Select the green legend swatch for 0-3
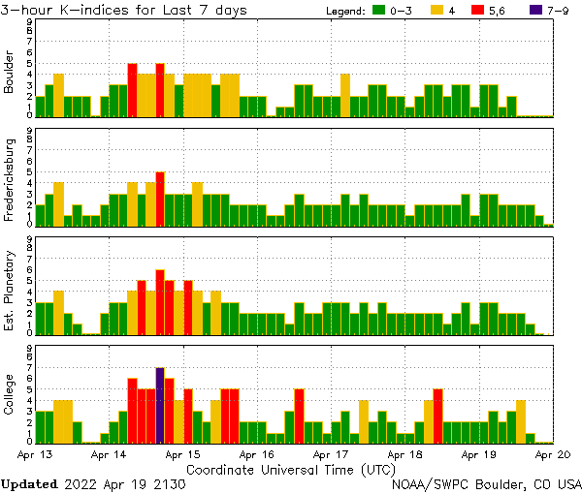tap(379, 11)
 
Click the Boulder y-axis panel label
tap(10, 73)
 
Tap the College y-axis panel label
tap(10, 395)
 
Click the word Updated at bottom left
tap(29, 483)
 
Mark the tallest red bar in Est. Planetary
tap(160, 301)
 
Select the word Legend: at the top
tap(341, 11)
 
